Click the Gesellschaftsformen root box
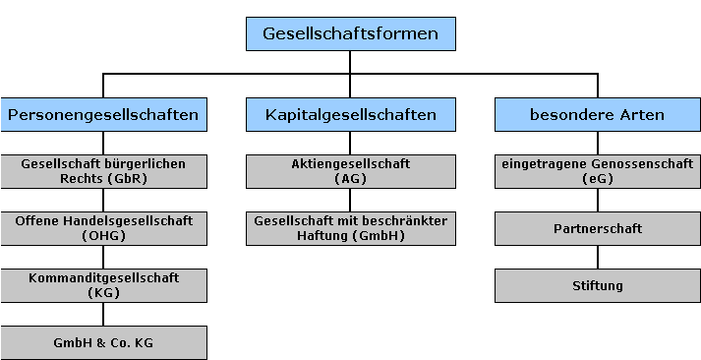pos(350,33)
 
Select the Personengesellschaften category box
pos(103,115)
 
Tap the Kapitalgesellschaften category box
pos(351,115)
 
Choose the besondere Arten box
pos(597,115)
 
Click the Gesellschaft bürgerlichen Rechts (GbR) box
pos(103,171)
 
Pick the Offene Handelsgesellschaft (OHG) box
pos(103,228)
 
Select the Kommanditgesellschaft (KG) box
pos(103,285)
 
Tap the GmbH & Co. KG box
pos(103,342)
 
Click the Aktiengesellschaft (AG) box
pos(351,171)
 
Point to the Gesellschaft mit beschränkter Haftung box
pos(351,228)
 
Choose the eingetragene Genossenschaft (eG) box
pos(597,171)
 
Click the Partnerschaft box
pos(597,228)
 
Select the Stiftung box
pos(597,285)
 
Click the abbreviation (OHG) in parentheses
pos(103,236)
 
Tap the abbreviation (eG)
pos(597,179)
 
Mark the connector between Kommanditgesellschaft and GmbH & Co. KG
pos(103,314)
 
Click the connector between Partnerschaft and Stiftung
pos(597,257)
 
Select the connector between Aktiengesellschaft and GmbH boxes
pos(351,200)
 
